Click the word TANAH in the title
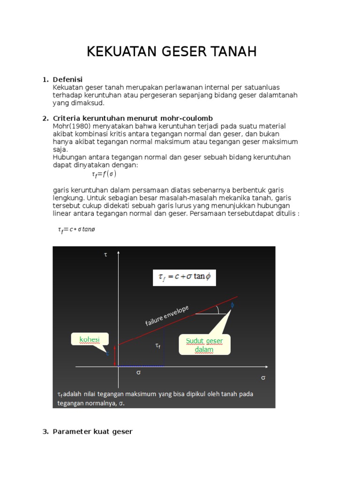[x=232, y=52]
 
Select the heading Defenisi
[x=67, y=80]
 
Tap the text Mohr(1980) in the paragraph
[x=71, y=126]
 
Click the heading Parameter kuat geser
[x=92, y=431]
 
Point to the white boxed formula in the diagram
[x=184, y=277]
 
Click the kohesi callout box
[x=90, y=339]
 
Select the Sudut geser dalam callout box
[x=204, y=345]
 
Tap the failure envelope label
[x=167, y=315]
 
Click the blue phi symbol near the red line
[x=232, y=305]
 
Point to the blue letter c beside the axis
[x=107, y=353]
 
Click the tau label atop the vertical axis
[x=105, y=255]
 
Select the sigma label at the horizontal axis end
[x=263, y=377]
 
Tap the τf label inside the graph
[x=158, y=345]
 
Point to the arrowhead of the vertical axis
[x=119, y=254]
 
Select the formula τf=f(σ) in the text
[x=104, y=174]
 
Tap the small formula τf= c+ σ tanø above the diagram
[x=76, y=230]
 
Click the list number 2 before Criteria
[x=45, y=118]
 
